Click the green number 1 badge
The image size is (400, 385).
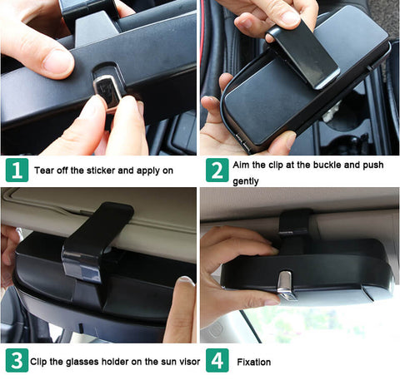pyautogui.click(x=17, y=170)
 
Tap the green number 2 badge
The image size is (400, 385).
pyautogui.click(x=217, y=170)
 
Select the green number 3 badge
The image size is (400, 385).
pyautogui.click(x=17, y=360)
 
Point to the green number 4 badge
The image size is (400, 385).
pyautogui.click(x=217, y=360)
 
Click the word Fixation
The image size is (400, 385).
pyautogui.click(x=254, y=362)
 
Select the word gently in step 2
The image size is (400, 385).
pyautogui.click(x=246, y=181)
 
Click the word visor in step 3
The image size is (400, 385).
pyautogui.click(x=189, y=362)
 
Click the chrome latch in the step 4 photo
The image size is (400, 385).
pyautogui.click(x=286, y=285)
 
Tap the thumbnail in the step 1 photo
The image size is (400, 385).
pyautogui.click(x=57, y=62)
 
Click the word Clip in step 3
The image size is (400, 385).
pyautogui.click(x=38, y=362)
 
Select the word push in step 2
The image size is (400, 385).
pyautogui.click(x=373, y=165)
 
